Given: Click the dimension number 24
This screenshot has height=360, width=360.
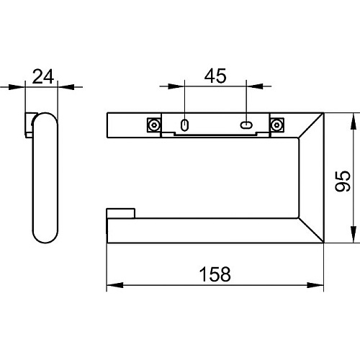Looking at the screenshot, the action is [42, 76].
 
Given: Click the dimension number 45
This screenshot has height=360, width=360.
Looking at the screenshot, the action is [215, 76].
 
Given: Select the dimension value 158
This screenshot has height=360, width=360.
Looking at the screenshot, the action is [215, 274].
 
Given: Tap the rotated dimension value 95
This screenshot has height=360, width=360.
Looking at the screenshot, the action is [343, 181].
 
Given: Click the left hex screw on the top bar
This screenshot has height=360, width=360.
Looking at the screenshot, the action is [154, 125].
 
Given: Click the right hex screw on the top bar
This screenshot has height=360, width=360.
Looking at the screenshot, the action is [277, 125].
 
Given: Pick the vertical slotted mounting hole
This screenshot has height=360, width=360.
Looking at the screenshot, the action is [184, 125].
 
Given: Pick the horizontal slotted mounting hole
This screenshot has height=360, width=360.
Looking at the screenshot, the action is [246, 125].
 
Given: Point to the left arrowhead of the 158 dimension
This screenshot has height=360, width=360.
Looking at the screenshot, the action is [115, 285].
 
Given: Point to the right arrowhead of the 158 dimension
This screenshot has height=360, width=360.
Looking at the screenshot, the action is [315, 285].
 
